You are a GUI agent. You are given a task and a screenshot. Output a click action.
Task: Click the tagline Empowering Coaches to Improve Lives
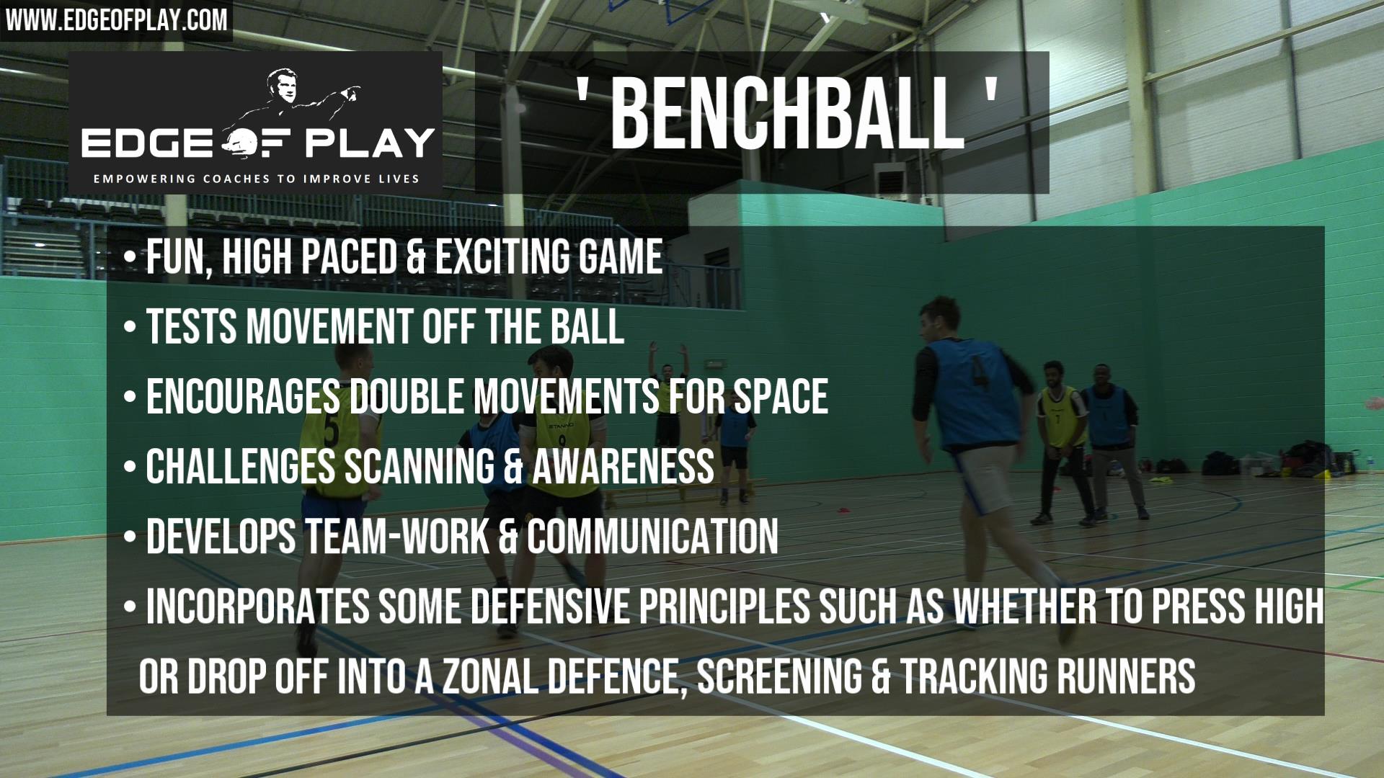[x=256, y=179]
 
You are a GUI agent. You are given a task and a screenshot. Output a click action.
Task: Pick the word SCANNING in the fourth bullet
[x=419, y=466]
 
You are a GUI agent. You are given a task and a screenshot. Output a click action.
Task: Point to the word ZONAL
[x=489, y=676]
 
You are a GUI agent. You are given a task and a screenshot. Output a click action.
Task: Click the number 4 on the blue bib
[x=979, y=372]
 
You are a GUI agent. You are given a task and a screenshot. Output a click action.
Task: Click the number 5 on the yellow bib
[x=332, y=430]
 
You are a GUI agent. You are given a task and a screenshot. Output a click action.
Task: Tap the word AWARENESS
[x=623, y=466]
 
